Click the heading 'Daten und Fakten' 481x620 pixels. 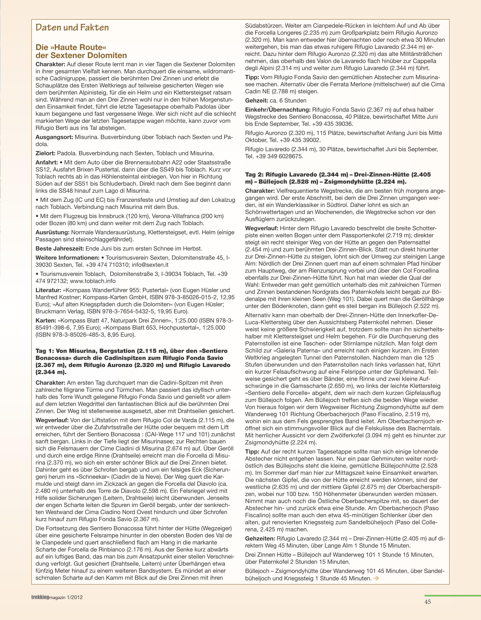pos(72,28)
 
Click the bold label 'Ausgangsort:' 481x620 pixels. pos(54,137)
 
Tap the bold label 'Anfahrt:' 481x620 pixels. pos(47,162)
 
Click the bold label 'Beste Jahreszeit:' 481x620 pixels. pos(60,249)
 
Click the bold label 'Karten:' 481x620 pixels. pos(46,320)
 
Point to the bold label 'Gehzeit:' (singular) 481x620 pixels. pos(256,101)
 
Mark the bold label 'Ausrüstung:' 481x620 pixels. pos(52,232)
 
